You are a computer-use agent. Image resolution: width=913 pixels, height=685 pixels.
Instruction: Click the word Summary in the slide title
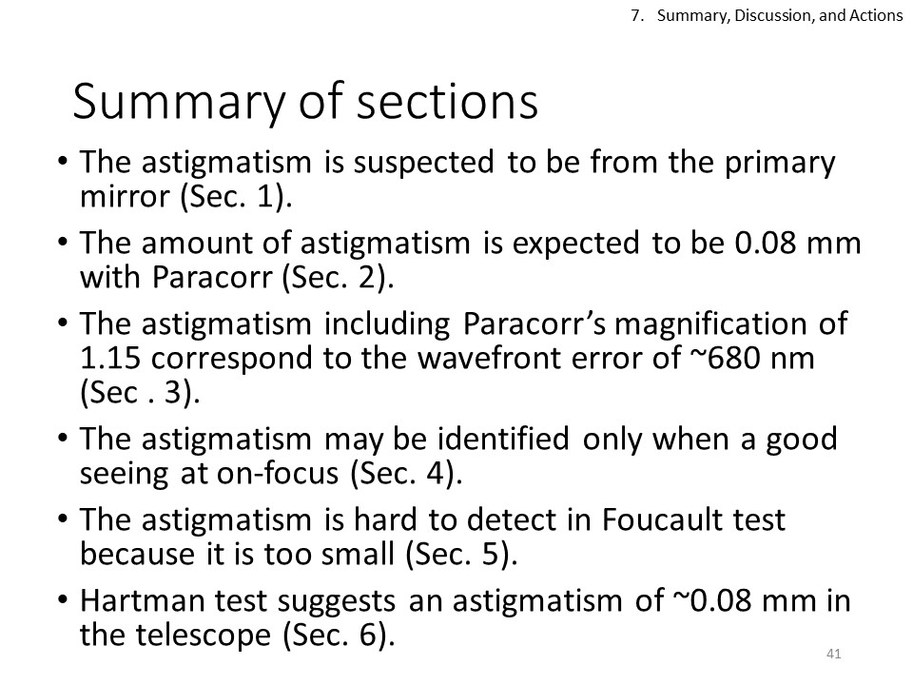coord(179,103)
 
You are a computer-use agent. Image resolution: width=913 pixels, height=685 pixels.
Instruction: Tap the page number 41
coord(833,655)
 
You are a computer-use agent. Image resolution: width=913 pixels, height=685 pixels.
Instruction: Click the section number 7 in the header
coord(635,16)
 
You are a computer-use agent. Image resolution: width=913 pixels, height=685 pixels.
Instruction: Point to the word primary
coord(780,164)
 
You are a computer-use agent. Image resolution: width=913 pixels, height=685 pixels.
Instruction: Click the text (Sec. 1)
coord(236,196)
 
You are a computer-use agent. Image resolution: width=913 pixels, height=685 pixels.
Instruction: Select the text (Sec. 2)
coord(338,277)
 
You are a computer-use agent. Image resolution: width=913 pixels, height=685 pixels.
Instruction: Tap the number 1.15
coord(110,359)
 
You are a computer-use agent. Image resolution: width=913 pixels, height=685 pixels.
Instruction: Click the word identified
coord(502,439)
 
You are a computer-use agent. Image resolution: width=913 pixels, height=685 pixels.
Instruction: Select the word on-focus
coord(278,474)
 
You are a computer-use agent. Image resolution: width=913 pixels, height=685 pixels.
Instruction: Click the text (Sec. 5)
coord(461,554)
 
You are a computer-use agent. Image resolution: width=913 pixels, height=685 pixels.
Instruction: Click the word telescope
coord(204,636)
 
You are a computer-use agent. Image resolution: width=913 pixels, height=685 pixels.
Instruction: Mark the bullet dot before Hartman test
coord(64,598)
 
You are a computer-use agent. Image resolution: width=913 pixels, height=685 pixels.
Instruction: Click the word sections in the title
coord(447,103)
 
